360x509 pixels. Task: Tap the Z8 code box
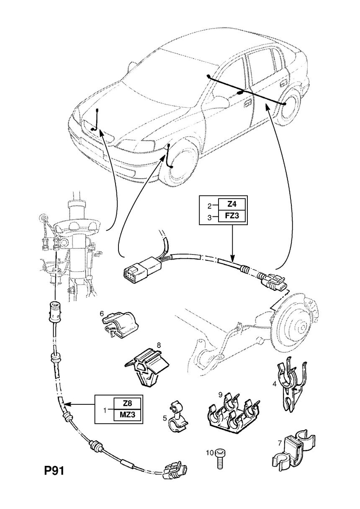point(126,404)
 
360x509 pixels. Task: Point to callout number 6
point(102,313)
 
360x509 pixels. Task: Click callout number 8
point(159,345)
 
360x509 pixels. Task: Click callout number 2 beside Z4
point(209,206)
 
